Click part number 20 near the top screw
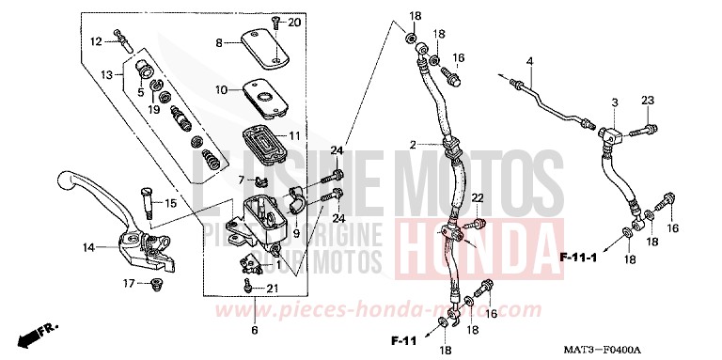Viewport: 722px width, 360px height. [x=294, y=22]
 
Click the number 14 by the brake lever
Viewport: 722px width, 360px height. [x=88, y=248]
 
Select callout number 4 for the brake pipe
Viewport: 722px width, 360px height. [x=530, y=62]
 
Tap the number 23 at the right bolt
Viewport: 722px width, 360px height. [x=648, y=101]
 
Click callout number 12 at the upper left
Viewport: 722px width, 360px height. [x=96, y=41]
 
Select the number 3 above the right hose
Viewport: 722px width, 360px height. [x=615, y=101]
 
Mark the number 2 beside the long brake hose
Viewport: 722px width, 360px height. [x=412, y=144]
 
